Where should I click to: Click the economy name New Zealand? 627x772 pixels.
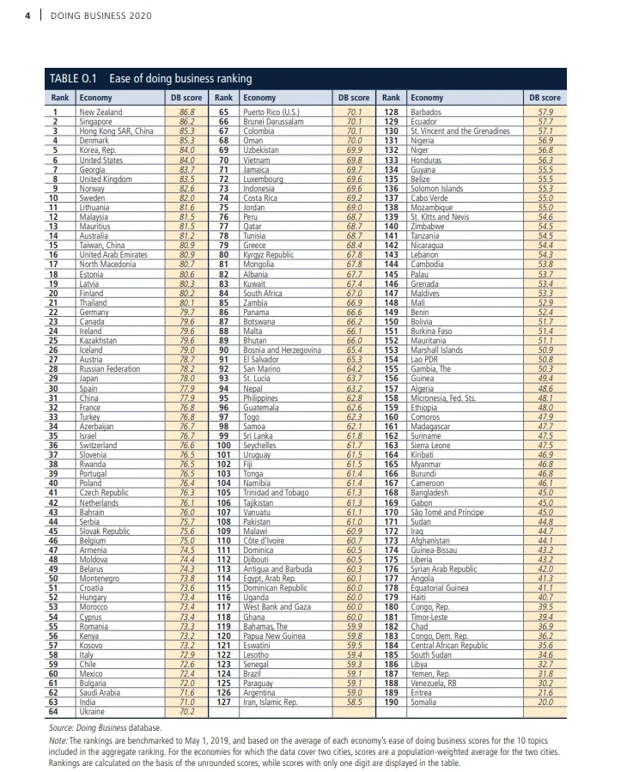click(100, 112)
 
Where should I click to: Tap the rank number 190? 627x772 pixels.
click(391, 702)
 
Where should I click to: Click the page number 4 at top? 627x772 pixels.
click(28, 15)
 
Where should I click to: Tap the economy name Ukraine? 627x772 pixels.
click(93, 711)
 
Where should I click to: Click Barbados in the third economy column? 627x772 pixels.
click(426, 112)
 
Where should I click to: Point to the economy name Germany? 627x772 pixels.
click(95, 312)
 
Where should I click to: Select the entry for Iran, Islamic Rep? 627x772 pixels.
click(271, 702)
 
